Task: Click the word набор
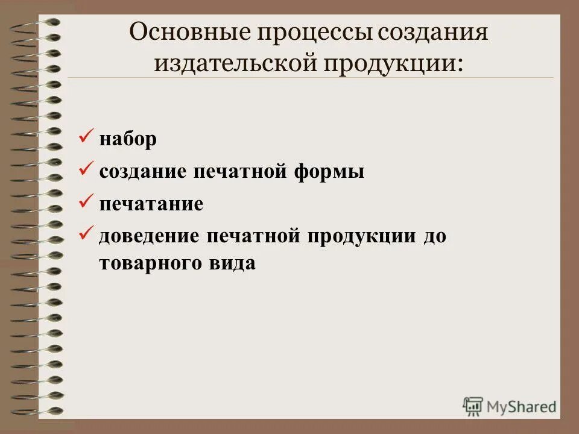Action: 128,140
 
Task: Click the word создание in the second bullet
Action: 143,172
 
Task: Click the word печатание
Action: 151,204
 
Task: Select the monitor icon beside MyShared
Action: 473,406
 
